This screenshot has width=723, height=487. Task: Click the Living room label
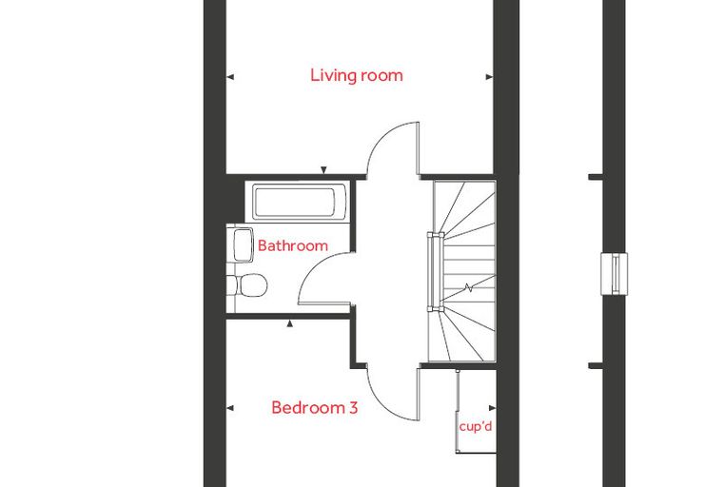coord(357,75)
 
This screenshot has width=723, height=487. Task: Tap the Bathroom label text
coord(293,245)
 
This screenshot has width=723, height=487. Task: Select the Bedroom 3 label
coord(315,408)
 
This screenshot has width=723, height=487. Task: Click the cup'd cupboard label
coord(476,426)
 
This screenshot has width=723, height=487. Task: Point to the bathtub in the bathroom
coord(294,202)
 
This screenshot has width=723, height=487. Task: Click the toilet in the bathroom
coord(248,285)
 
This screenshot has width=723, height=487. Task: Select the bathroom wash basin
coord(243,244)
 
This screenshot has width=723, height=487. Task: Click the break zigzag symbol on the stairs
coord(468,288)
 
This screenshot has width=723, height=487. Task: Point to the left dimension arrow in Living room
coord(230,77)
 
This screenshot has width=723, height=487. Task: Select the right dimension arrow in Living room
coord(489,77)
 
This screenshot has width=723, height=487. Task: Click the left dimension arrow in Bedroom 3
coord(230,408)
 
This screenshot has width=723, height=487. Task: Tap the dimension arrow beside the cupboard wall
coord(492,408)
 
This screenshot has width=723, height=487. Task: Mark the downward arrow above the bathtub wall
coord(323,170)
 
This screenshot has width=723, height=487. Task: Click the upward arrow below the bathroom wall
coord(289,323)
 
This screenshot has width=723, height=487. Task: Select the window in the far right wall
coord(615,274)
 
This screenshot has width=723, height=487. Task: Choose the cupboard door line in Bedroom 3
coord(457,411)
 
